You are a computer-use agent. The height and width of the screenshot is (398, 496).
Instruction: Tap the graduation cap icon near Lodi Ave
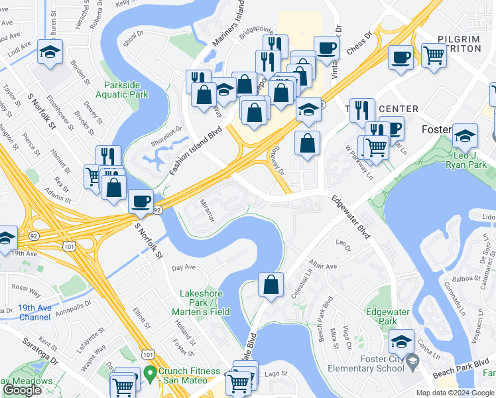click(50, 52)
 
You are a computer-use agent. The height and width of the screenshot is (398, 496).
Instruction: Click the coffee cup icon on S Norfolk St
click(141, 200)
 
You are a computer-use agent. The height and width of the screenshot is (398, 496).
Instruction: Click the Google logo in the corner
click(23, 389)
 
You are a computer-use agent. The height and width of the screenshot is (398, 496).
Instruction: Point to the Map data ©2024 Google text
click(454, 393)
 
